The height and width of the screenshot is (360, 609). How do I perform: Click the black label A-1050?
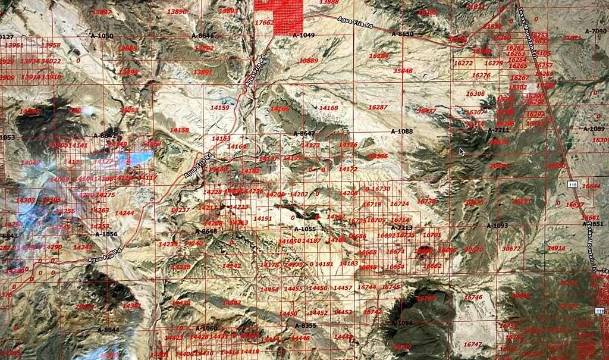(102, 36)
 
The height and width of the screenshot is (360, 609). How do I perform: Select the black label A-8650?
(402, 34)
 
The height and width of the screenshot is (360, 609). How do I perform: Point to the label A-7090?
(595, 31)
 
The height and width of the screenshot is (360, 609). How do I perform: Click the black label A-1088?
(401, 131)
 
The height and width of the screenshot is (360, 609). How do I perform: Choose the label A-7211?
(498, 130)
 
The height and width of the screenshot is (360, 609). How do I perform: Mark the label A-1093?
(497, 226)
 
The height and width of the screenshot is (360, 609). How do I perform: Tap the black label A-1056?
(106, 234)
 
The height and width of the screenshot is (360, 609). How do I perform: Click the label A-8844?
(108, 329)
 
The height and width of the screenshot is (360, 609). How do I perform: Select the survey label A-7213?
(402, 227)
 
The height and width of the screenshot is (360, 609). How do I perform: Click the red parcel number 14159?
(219, 108)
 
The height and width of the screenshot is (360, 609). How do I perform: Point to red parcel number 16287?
(378, 108)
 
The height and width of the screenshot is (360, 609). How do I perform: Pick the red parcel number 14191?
(262, 218)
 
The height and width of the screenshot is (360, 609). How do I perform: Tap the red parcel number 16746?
(473, 297)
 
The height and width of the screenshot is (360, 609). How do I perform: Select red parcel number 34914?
(556, 248)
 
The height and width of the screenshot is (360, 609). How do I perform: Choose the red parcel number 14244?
(124, 213)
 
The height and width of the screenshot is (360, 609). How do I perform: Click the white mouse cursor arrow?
(462, 151)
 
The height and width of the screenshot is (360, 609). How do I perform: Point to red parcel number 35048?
(403, 71)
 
